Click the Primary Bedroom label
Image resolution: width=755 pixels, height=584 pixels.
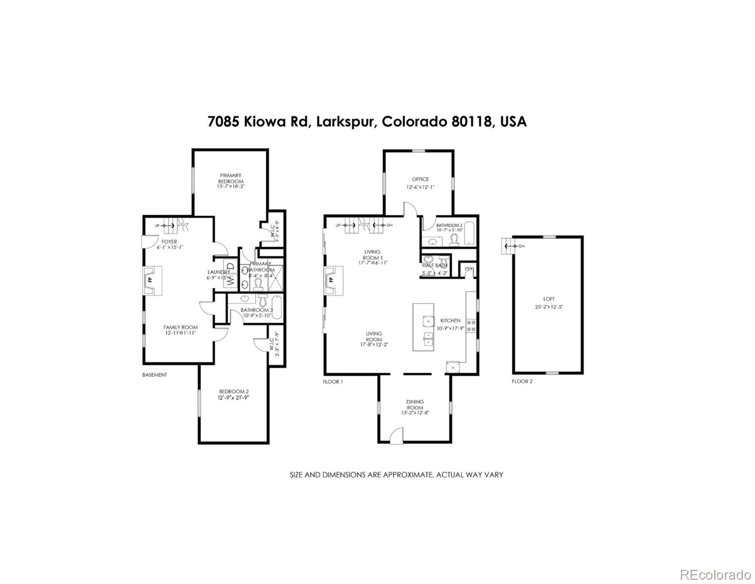[x=230, y=178]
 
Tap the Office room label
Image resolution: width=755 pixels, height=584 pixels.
[x=420, y=179]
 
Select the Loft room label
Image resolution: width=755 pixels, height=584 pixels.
[x=549, y=299]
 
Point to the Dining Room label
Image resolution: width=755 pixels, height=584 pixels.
[x=415, y=404]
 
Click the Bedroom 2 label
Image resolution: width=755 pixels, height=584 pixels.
[x=234, y=392]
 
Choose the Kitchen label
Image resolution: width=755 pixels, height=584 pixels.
[x=450, y=321]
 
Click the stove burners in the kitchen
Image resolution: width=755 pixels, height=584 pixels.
[x=471, y=326]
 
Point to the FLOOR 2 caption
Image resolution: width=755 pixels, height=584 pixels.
[x=522, y=382]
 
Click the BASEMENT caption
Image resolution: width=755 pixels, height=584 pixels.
[x=155, y=375]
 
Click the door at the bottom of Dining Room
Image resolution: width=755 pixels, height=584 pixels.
[x=397, y=435]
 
